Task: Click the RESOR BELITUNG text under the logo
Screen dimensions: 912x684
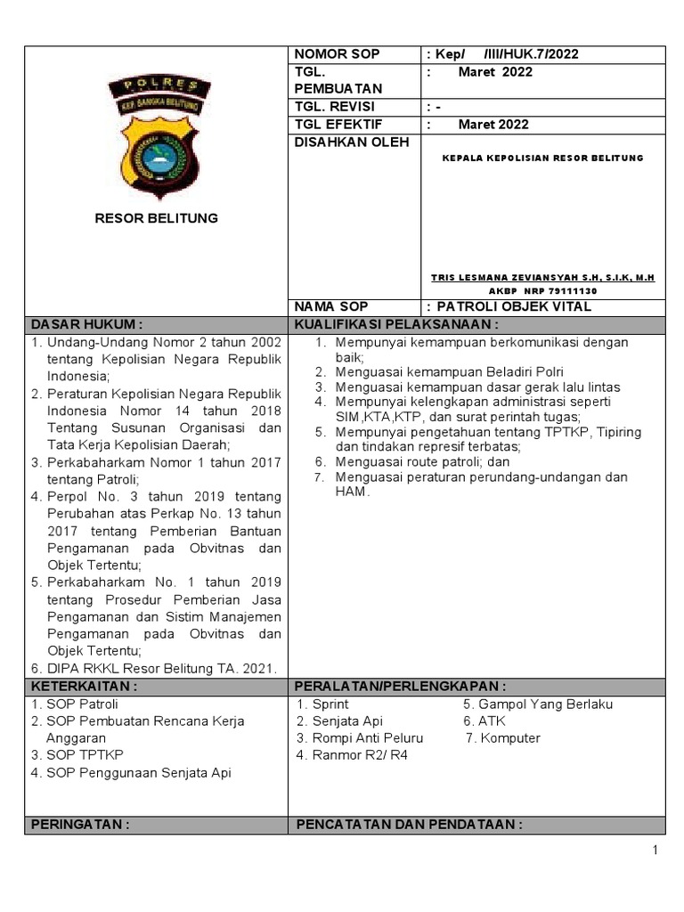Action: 156,218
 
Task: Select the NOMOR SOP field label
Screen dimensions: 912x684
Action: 330,54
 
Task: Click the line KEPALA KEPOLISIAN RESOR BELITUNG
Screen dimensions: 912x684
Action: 542,158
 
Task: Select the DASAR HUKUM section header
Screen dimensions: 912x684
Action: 87,324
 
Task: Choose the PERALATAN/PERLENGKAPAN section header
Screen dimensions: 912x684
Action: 401,687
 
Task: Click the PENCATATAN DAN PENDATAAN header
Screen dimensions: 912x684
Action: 408,825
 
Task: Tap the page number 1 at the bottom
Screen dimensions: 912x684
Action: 655,851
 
